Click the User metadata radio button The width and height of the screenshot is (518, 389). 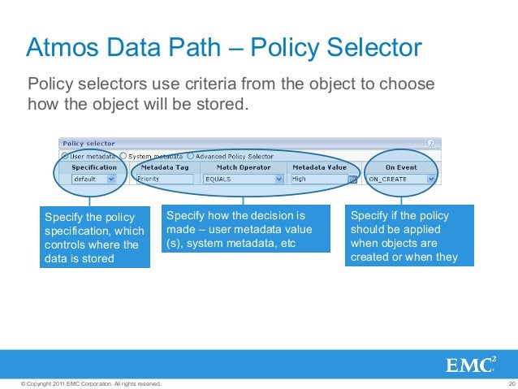65,156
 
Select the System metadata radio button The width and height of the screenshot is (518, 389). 123,156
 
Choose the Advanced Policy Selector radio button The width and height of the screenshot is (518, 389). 191,156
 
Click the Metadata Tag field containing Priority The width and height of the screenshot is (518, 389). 164,179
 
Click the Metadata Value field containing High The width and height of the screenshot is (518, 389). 317,179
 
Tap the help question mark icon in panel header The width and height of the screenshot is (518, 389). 430,144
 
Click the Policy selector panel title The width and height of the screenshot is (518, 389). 88,144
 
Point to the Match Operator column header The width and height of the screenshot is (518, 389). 243,167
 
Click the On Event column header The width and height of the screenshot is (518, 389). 401,167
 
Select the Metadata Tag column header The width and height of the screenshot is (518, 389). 165,167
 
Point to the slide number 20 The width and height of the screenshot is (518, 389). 511,383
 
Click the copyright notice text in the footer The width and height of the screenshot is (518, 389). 81,383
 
